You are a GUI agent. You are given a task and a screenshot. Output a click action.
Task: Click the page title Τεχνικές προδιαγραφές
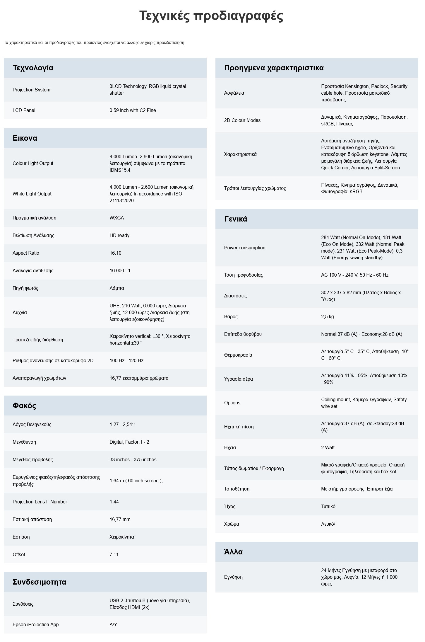tap(211, 16)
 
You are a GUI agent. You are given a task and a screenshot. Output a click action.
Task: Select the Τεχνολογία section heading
tap(33, 68)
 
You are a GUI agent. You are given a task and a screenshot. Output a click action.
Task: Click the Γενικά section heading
tap(236, 219)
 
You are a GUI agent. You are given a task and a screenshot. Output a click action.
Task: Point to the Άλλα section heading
tap(233, 552)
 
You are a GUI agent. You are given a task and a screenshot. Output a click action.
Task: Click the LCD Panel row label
tap(24, 110)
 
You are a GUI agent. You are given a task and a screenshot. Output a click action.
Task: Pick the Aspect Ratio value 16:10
tap(115, 253)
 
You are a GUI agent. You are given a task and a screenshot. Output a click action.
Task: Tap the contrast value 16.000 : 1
tap(120, 270)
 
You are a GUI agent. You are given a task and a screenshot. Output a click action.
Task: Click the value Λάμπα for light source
tap(117, 288)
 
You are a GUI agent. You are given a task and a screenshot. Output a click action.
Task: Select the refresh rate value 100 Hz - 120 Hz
tap(126, 360)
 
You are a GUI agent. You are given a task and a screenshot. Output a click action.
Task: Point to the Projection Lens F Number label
tap(40, 502)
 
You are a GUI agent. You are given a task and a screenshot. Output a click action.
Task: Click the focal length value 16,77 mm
tap(120, 519)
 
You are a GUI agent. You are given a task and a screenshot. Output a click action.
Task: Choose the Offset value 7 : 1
tap(114, 554)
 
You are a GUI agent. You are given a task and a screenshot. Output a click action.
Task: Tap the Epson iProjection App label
tap(36, 624)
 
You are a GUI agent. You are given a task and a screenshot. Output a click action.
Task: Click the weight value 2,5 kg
tap(327, 316)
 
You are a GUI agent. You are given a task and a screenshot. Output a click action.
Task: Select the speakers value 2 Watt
tap(328, 447)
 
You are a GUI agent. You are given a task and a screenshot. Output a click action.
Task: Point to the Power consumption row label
tap(245, 248)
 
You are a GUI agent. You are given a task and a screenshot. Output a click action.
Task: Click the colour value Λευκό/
tap(328, 524)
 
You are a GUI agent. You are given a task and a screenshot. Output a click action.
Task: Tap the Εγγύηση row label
tap(233, 577)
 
